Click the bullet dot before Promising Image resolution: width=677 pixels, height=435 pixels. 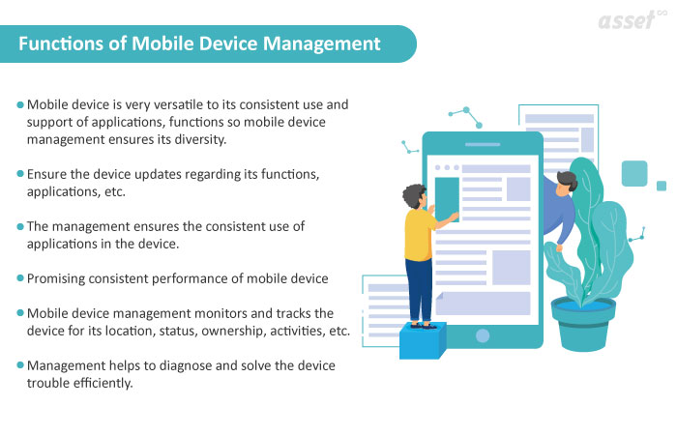coord(20,278)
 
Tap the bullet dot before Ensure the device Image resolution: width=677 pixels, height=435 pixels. coord(20,174)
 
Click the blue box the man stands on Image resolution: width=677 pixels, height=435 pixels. coord(423,340)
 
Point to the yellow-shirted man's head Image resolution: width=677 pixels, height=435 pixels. coord(414,198)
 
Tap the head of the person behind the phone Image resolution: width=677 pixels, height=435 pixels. coord(568,182)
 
